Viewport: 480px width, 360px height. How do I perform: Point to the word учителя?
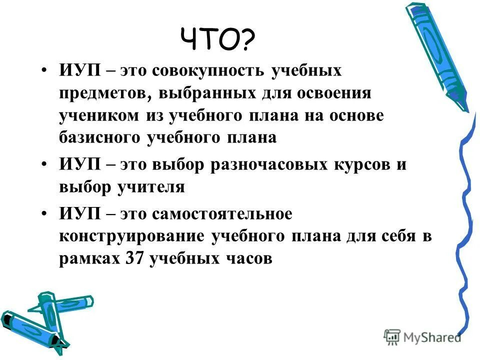tap(152, 187)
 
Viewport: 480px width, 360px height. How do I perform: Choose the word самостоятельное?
tap(224, 214)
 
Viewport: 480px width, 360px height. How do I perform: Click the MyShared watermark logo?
tap(422, 336)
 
